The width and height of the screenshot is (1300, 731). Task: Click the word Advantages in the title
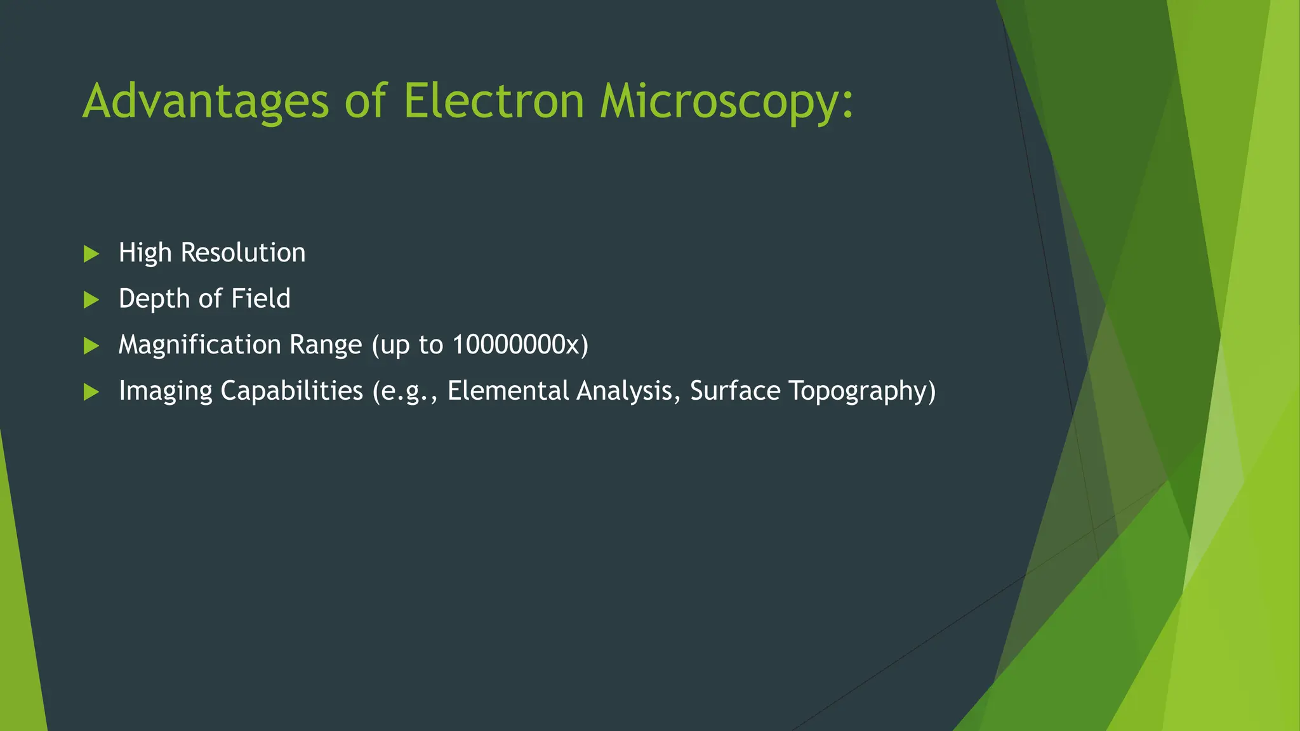(x=206, y=102)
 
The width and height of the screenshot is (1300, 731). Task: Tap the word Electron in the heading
(x=493, y=102)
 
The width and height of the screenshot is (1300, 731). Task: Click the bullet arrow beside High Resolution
(x=91, y=254)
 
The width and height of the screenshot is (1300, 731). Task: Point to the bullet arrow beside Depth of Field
(x=91, y=300)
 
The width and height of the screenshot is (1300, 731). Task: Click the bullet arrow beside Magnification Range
(x=91, y=346)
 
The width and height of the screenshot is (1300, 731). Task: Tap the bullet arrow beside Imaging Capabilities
(x=91, y=392)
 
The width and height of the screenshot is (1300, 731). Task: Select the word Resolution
(x=243, y=253)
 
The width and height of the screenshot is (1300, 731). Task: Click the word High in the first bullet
(x=145, y=253)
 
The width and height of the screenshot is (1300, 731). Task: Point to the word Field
(x=260, y=298)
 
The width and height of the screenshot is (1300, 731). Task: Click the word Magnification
(x=199, y=345)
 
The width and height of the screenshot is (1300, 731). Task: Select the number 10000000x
(x=516, y=345)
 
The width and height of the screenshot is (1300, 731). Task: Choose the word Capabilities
(x=291, y=391)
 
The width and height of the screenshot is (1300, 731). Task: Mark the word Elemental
(x=508, y=391)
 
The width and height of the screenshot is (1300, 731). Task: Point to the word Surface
(x=735, y=391)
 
